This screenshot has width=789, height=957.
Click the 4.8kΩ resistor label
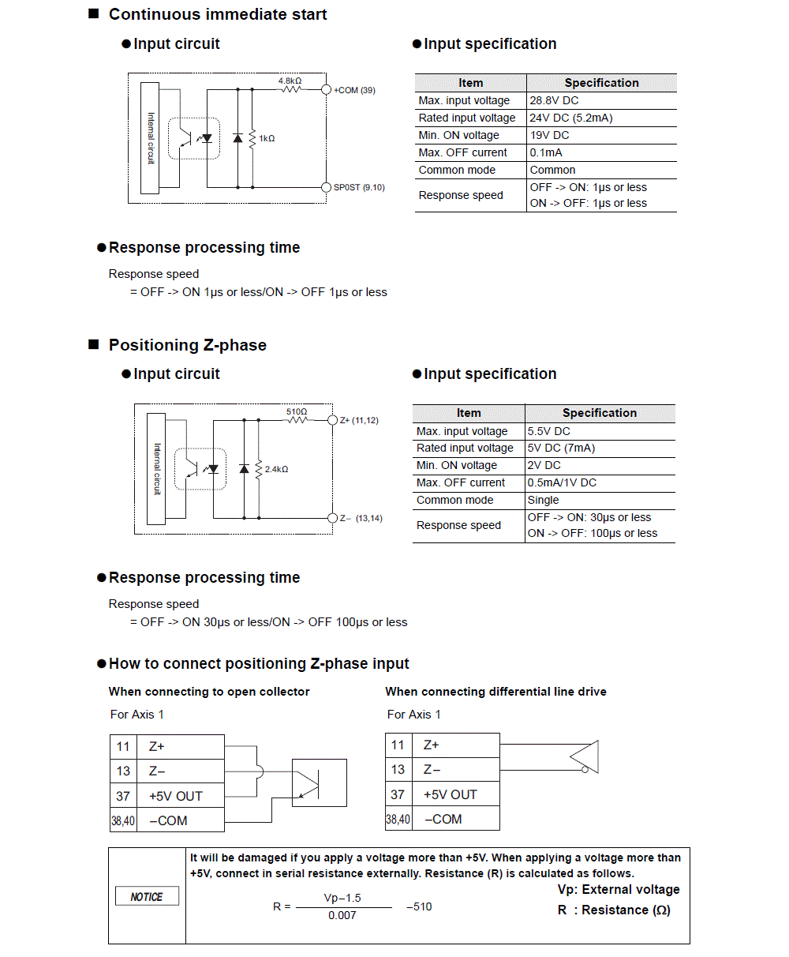[290, 81]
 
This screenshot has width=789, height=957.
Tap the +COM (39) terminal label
[354, 90]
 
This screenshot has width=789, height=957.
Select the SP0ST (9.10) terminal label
[359, 187]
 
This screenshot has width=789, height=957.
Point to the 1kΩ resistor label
[267, 138]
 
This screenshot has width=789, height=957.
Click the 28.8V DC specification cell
[554, 100]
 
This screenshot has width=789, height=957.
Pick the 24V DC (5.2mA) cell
[571, 118]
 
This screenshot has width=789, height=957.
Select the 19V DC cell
[549, 135]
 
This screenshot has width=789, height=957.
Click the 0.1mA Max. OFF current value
[546, 152]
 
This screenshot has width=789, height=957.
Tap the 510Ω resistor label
[297, 411]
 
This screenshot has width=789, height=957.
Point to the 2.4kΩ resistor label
[276, 469]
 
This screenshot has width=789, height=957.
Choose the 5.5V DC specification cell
[548, 431]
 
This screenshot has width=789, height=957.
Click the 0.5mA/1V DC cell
[562, 482]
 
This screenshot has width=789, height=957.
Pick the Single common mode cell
[543, 500]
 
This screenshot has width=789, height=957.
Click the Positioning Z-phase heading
[187, 345]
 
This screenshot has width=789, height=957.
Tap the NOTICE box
[146, 896]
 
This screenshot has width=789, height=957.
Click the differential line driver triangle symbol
[585, 756]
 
